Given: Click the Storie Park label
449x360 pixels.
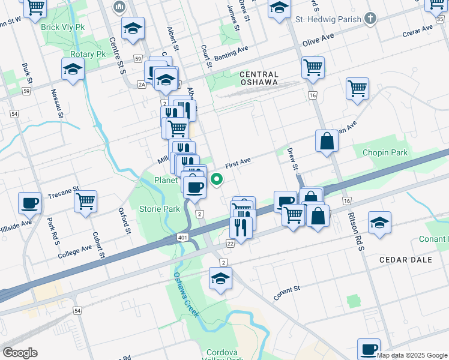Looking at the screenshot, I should pos(160,209).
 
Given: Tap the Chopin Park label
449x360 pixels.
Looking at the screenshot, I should pos(385,152).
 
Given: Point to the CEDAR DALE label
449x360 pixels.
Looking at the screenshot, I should pos(402,260).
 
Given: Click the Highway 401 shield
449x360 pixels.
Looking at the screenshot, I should pos(182,238).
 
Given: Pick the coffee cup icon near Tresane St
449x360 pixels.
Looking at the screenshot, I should pos(29,203).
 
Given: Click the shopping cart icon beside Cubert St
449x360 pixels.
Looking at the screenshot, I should pos(86,201).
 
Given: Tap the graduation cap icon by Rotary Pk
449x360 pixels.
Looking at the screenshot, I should pos(73,69).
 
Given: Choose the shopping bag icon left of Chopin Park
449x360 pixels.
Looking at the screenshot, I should pos(327,142).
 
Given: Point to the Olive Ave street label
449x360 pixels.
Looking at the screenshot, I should pos(318,37).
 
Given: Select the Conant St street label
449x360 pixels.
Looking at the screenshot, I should pos(286,292).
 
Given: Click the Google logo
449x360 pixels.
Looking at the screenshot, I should pos(20,353).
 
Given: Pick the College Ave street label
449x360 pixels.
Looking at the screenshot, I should pos(75,251).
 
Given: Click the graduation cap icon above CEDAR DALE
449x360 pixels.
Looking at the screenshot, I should pos(379,223).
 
